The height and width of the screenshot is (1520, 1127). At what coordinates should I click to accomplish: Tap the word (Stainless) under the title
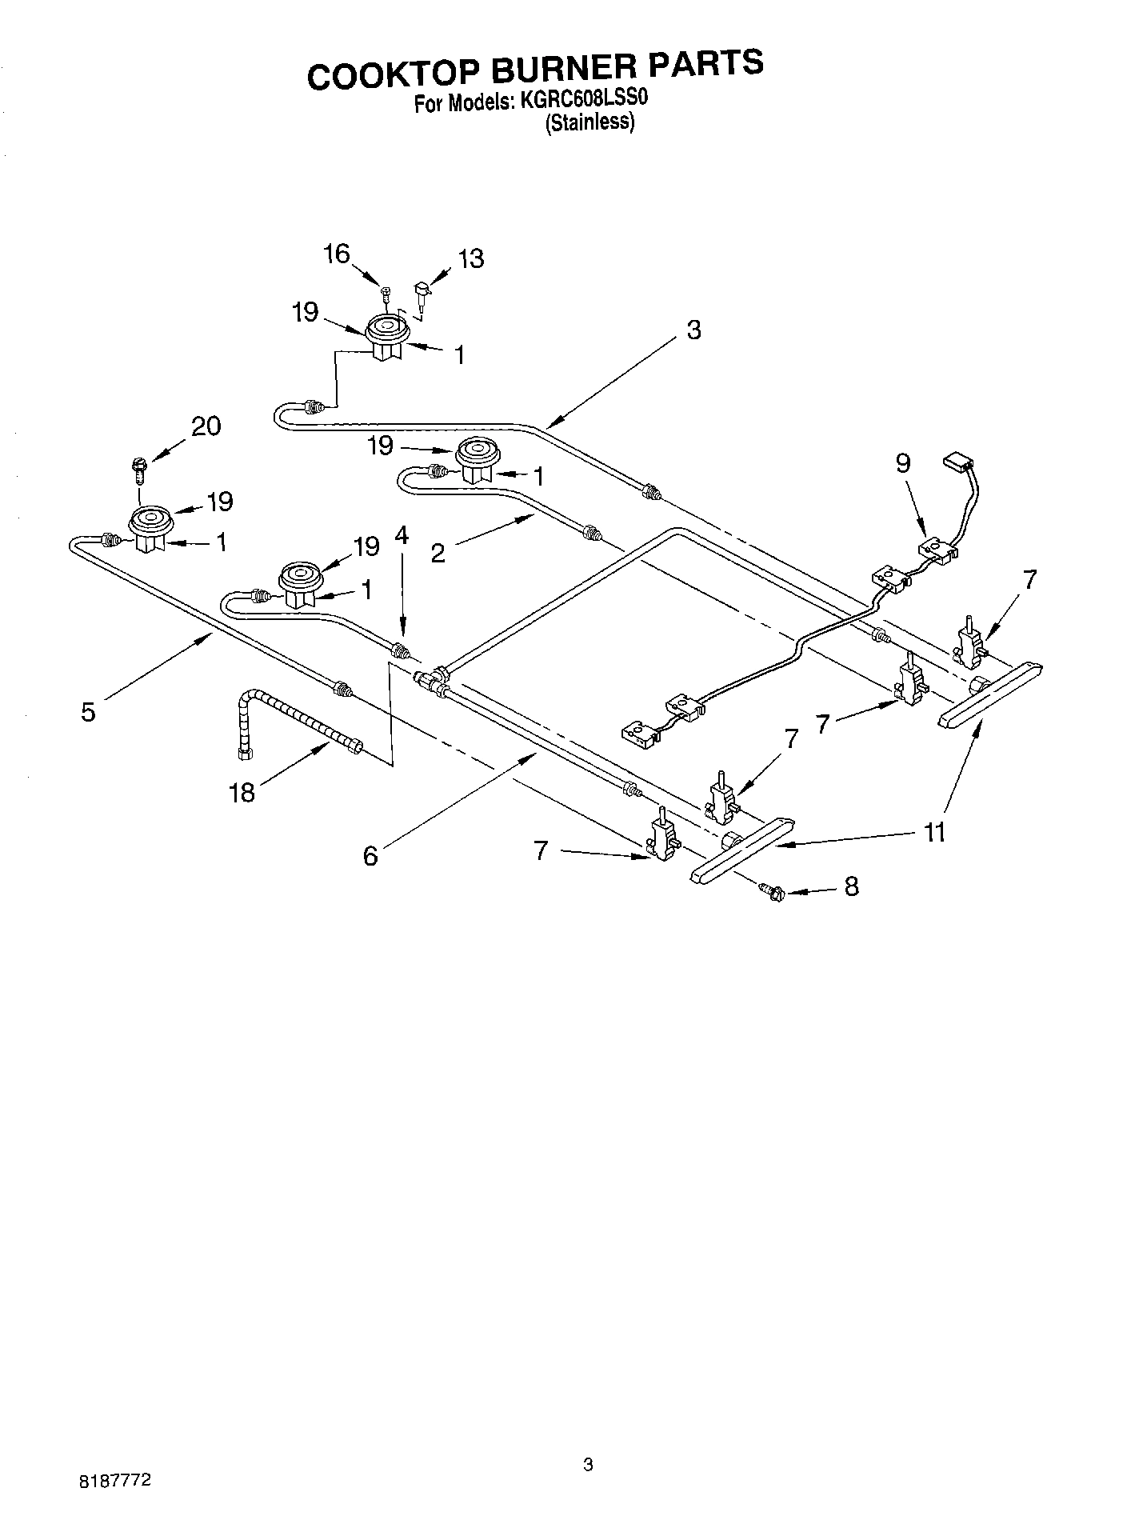[x=590, y=123]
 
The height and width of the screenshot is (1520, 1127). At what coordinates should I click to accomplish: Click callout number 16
[x=336, y=254]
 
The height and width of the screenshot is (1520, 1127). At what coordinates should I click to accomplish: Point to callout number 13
[x=471, y=259]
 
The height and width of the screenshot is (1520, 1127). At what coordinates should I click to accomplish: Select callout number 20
[x=206, y=426]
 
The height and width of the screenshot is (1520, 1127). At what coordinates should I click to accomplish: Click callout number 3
[x=693, y=330]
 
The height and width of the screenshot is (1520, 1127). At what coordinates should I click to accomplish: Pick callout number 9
[x=903, y=464]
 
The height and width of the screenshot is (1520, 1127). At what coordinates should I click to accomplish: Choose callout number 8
[x=851, y=886]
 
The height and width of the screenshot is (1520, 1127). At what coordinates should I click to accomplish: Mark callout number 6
[x=370, y=856]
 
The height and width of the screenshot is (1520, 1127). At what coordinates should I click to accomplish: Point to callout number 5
[x=88, y=711]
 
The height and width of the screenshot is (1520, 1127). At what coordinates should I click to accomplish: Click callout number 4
[x=402, y=535]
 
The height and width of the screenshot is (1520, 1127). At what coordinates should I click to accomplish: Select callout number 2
[x=438, y=553]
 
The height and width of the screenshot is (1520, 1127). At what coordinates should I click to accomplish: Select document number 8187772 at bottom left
[x=115, y=1482]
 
